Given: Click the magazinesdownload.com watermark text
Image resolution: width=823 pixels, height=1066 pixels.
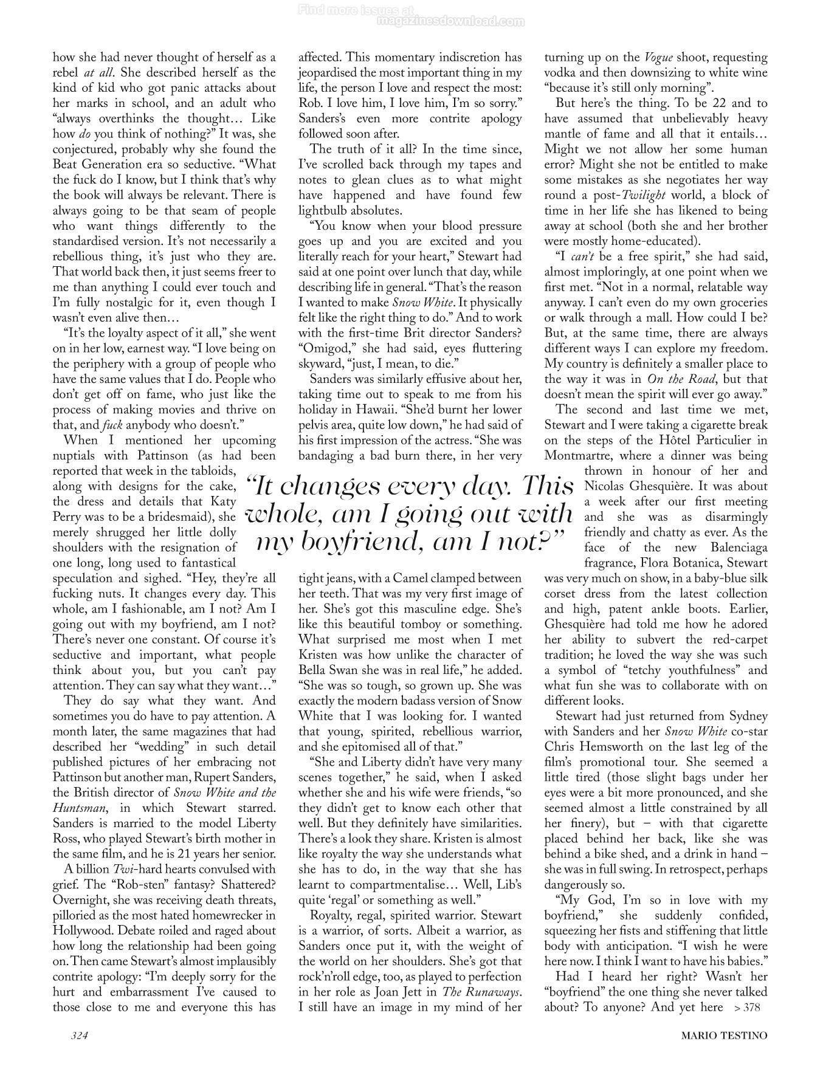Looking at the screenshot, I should coord(450,21).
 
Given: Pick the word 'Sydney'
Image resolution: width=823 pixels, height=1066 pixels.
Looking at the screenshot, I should coord(748,716).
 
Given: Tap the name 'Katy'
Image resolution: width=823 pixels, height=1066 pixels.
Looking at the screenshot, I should coord(222,501).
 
